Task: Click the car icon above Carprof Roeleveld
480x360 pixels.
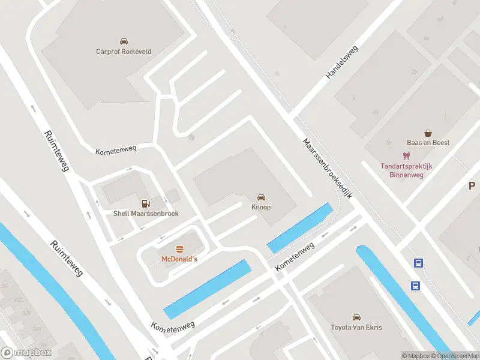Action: click(x=124, y=41)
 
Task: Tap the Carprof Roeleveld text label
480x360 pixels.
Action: click(x=124, y=52)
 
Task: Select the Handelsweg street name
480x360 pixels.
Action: click(x=341, y=62)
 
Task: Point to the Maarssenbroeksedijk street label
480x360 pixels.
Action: click(x=327, y=170)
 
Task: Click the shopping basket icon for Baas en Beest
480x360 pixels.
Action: click(x=428, y=133)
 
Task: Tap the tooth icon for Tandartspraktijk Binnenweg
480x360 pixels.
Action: click(x=406, y=156)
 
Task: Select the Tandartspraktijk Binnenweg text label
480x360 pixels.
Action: click(x=406, y=170)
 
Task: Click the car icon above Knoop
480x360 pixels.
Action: click(x=261, y=197)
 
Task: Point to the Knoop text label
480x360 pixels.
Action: click(x=261, y=208)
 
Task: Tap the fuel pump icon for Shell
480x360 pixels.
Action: click(x=145, y=204)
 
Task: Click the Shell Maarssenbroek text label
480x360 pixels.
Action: click(x=146, y=214)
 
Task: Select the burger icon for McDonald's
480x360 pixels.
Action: click(x=179, y=249)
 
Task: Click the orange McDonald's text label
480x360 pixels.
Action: click(x=179, y=259)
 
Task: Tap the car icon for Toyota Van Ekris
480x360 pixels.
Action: click(x=356, y=317)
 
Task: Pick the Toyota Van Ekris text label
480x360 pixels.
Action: click(x=356, y=328)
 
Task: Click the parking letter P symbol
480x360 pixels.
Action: click(x=472, y=186)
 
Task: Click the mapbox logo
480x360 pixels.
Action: click(x=26, y=353)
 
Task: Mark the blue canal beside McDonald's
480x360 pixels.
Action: click(x=207, y=289)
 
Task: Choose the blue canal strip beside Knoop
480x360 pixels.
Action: click(x=299, y=228)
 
